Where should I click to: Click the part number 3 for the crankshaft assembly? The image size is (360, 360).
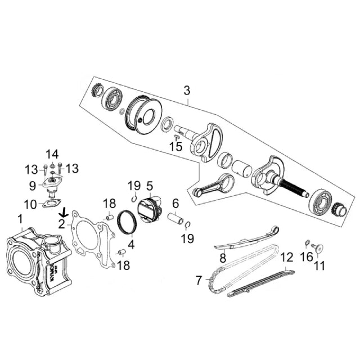click(x=187, y=91)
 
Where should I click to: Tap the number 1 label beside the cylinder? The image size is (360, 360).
click(x=20, y=218)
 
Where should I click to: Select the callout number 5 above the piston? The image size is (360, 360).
click(x=150, y=185)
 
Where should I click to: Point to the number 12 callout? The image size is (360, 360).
click(x=287, y=258)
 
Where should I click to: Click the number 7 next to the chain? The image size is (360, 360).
click(x=199, y=280)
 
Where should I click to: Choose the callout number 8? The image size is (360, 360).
click(x=222, y=258)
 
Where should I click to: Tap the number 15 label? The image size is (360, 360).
click(x=177, y=147)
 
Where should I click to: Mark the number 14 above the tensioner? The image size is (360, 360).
click(x=52, y=154)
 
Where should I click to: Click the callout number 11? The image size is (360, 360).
click(x=319, y=265)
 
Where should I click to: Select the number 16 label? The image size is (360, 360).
click(x=305, y=256)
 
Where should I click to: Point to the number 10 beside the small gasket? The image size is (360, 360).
click(x=31, y=204)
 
